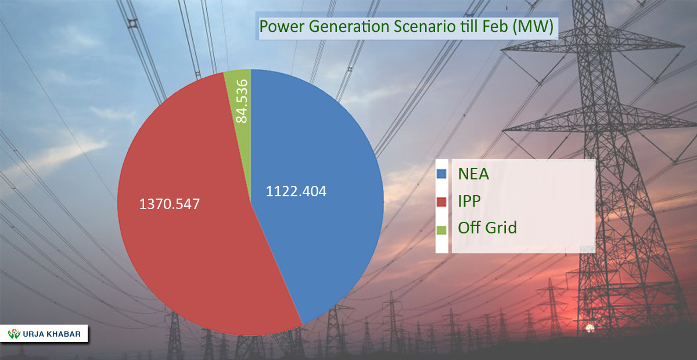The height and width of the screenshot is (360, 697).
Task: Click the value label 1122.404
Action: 296,192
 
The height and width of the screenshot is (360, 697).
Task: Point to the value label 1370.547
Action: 170,204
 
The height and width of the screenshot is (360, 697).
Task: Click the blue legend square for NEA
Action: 441,174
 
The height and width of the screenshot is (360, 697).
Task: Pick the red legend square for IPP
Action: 441,201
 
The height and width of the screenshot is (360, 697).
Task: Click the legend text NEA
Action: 474,174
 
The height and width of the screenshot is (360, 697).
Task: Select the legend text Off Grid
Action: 487,228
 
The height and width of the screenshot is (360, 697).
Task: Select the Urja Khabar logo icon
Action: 13,334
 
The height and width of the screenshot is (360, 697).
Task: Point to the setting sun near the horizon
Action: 590,329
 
